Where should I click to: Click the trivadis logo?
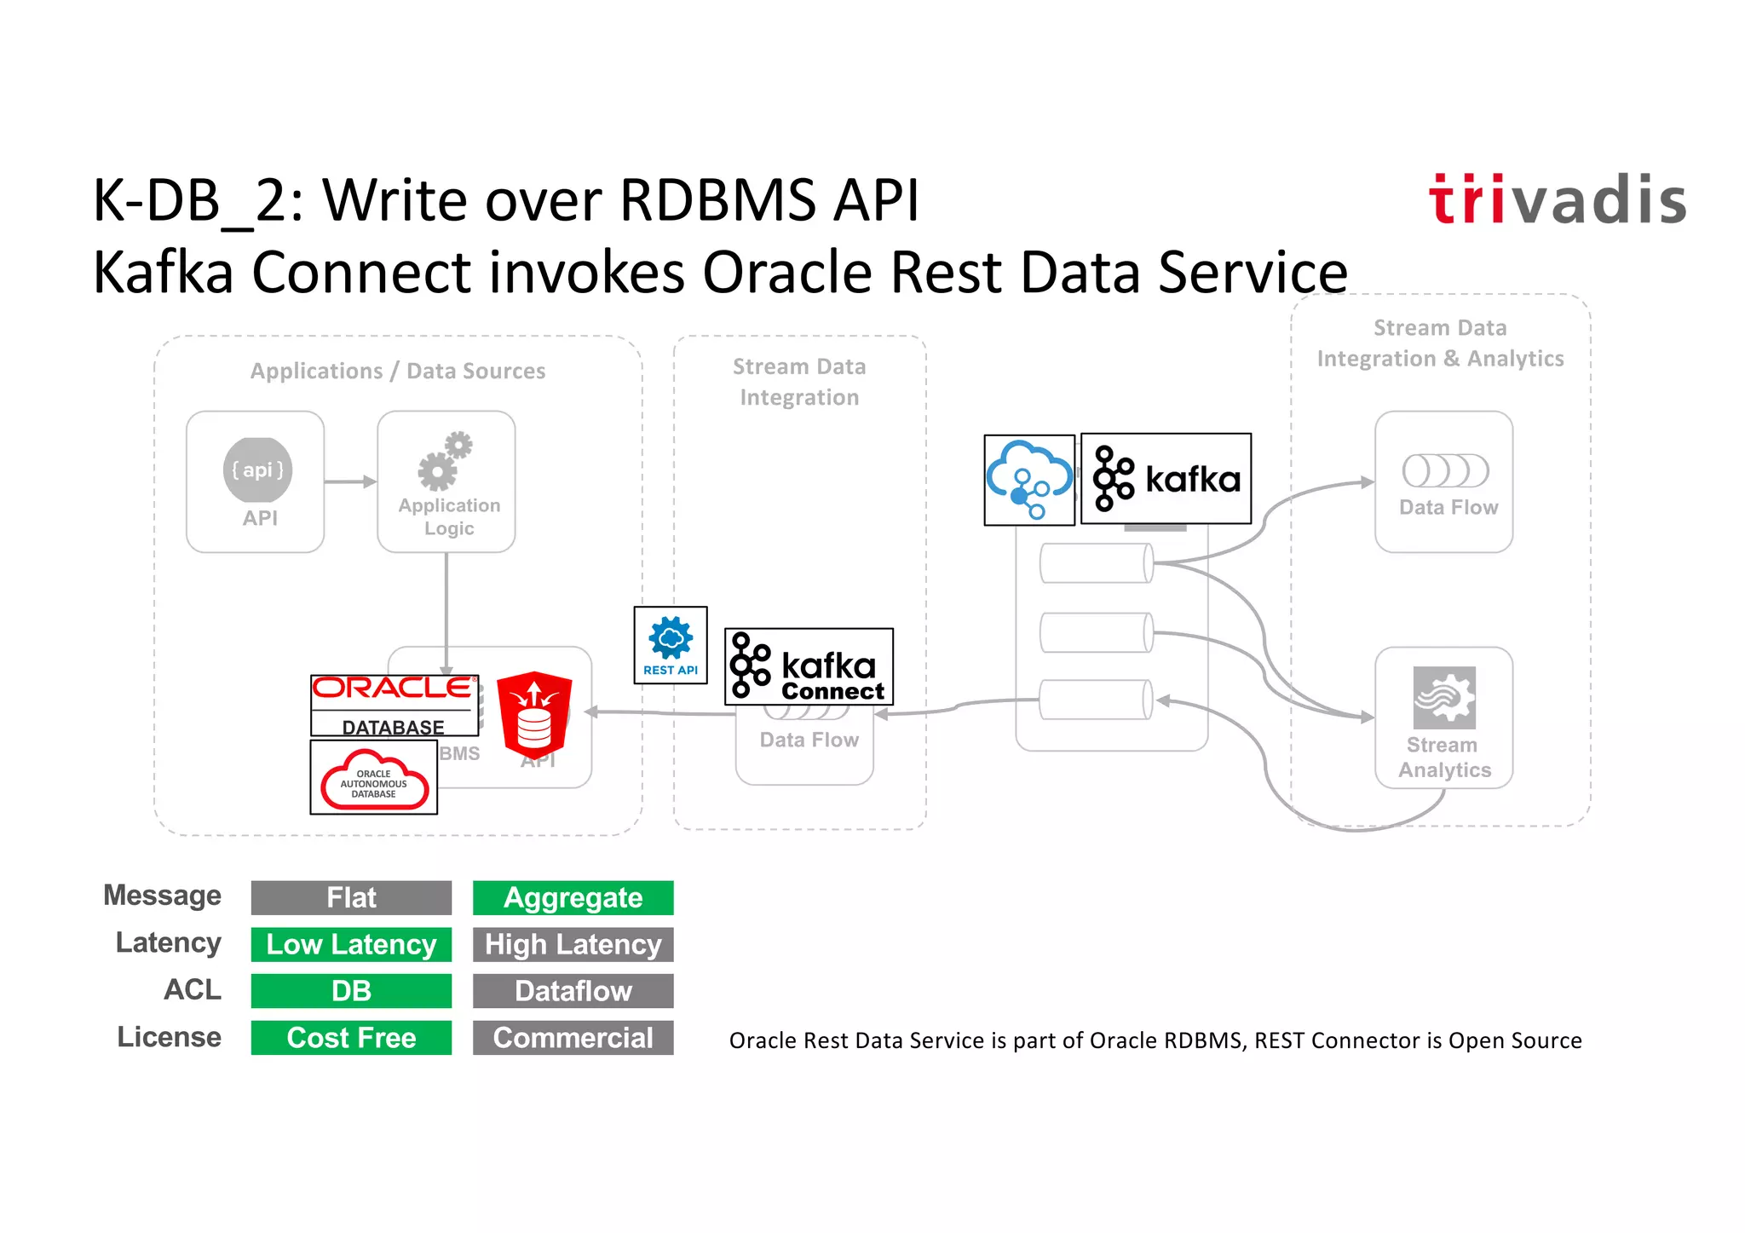point(1558,200)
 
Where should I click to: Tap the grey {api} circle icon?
point(257,470)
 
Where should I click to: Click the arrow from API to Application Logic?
point(349,481)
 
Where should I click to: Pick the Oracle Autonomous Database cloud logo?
point(374,777)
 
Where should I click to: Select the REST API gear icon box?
point(671,645)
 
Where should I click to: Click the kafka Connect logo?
point(809,666)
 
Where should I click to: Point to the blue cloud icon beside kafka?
point(1029,480)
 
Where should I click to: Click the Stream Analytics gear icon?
point(1444,697)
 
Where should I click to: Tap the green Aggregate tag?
point(573,897)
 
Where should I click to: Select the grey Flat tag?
point(351,897)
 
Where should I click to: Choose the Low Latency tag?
point(351,944)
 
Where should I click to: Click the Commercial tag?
point(573,1037)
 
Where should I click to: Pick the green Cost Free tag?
point(351,1037)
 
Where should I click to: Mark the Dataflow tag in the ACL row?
point(573,991)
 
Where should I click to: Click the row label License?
point(169,1037)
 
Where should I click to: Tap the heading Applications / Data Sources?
point(398,371)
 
